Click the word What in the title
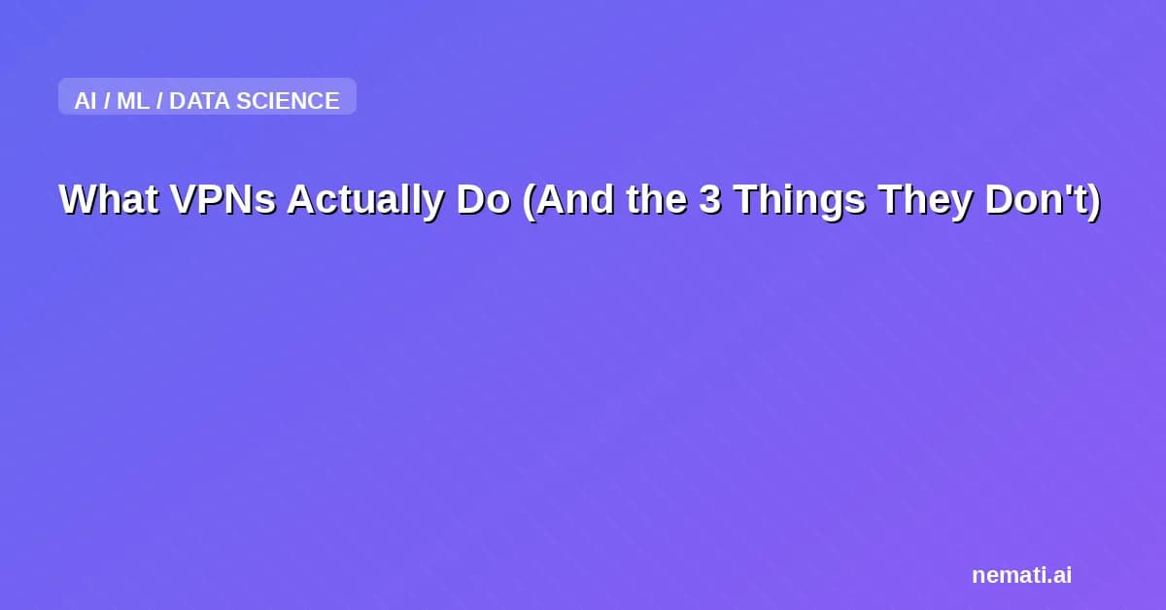click(109, 199)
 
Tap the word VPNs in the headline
click(223, 199)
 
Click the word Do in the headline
click(484, 199)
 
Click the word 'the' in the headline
click(657, 199)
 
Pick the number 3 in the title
click(710, 199)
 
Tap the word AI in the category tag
click(86, 101)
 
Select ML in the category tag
click(133, 101)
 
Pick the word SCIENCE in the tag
click(288, 101)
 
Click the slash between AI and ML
click(107, 101)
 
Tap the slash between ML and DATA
click(159, 101)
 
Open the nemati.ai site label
click(1022, 575)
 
